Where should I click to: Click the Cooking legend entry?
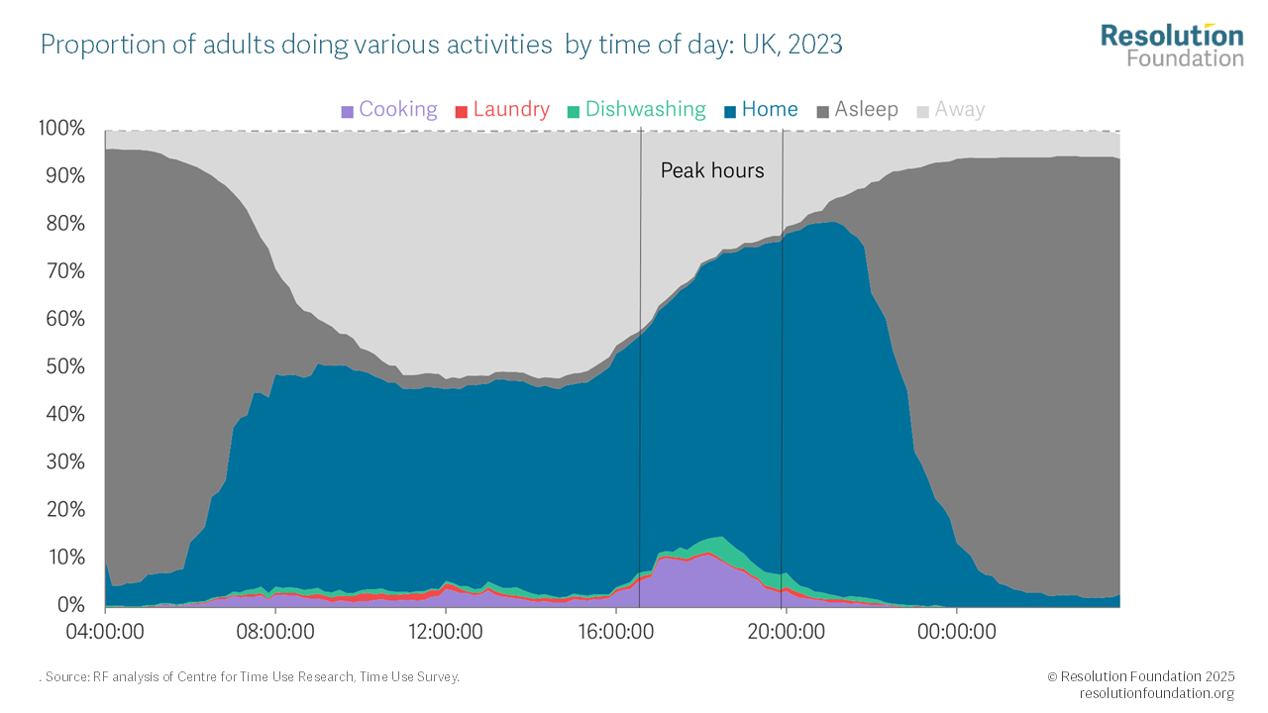coord(389,110)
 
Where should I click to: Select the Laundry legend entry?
coord(502,110)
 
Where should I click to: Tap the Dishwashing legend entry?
coord(637,110)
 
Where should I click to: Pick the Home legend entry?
coord(761,110)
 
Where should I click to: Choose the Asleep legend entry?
coord(857,110)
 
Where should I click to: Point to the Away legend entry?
coord(950,110)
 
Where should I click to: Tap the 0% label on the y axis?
coord(70,605)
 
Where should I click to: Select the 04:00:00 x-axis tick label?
coord(105,630)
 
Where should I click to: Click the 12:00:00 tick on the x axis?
coord(446,630)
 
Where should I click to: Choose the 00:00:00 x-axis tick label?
coord(956,630)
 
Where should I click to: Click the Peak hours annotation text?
coord(712,171)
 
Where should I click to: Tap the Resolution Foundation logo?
coord(1172,46)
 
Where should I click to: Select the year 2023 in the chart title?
coord(815,46)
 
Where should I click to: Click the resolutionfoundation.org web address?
coord(1156,693)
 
